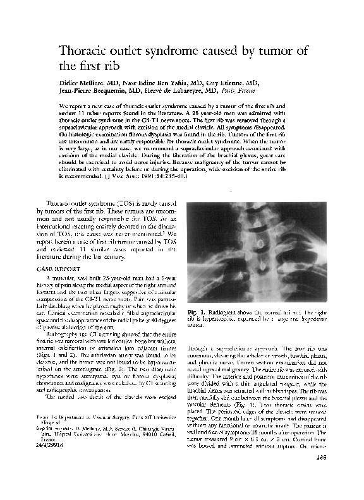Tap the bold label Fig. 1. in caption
point(198,313)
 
